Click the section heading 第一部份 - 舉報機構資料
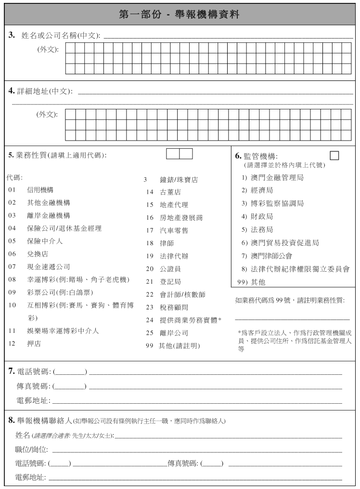[x=180, y=14]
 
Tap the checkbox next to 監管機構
[x=334, y=155]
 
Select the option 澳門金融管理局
[x=280, y=178]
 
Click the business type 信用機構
[x=40, y=190]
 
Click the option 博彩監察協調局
[x=280, y=204]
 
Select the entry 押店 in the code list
[x=33, y=344]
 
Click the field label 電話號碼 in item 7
[x=34, y=371]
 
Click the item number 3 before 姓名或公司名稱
[x=12, y=36]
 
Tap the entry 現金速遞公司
[x=49, y=266]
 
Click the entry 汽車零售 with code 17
[x=174, y=230]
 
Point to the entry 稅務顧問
[x=174, y=307]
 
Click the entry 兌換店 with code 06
[x=37, y=253]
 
